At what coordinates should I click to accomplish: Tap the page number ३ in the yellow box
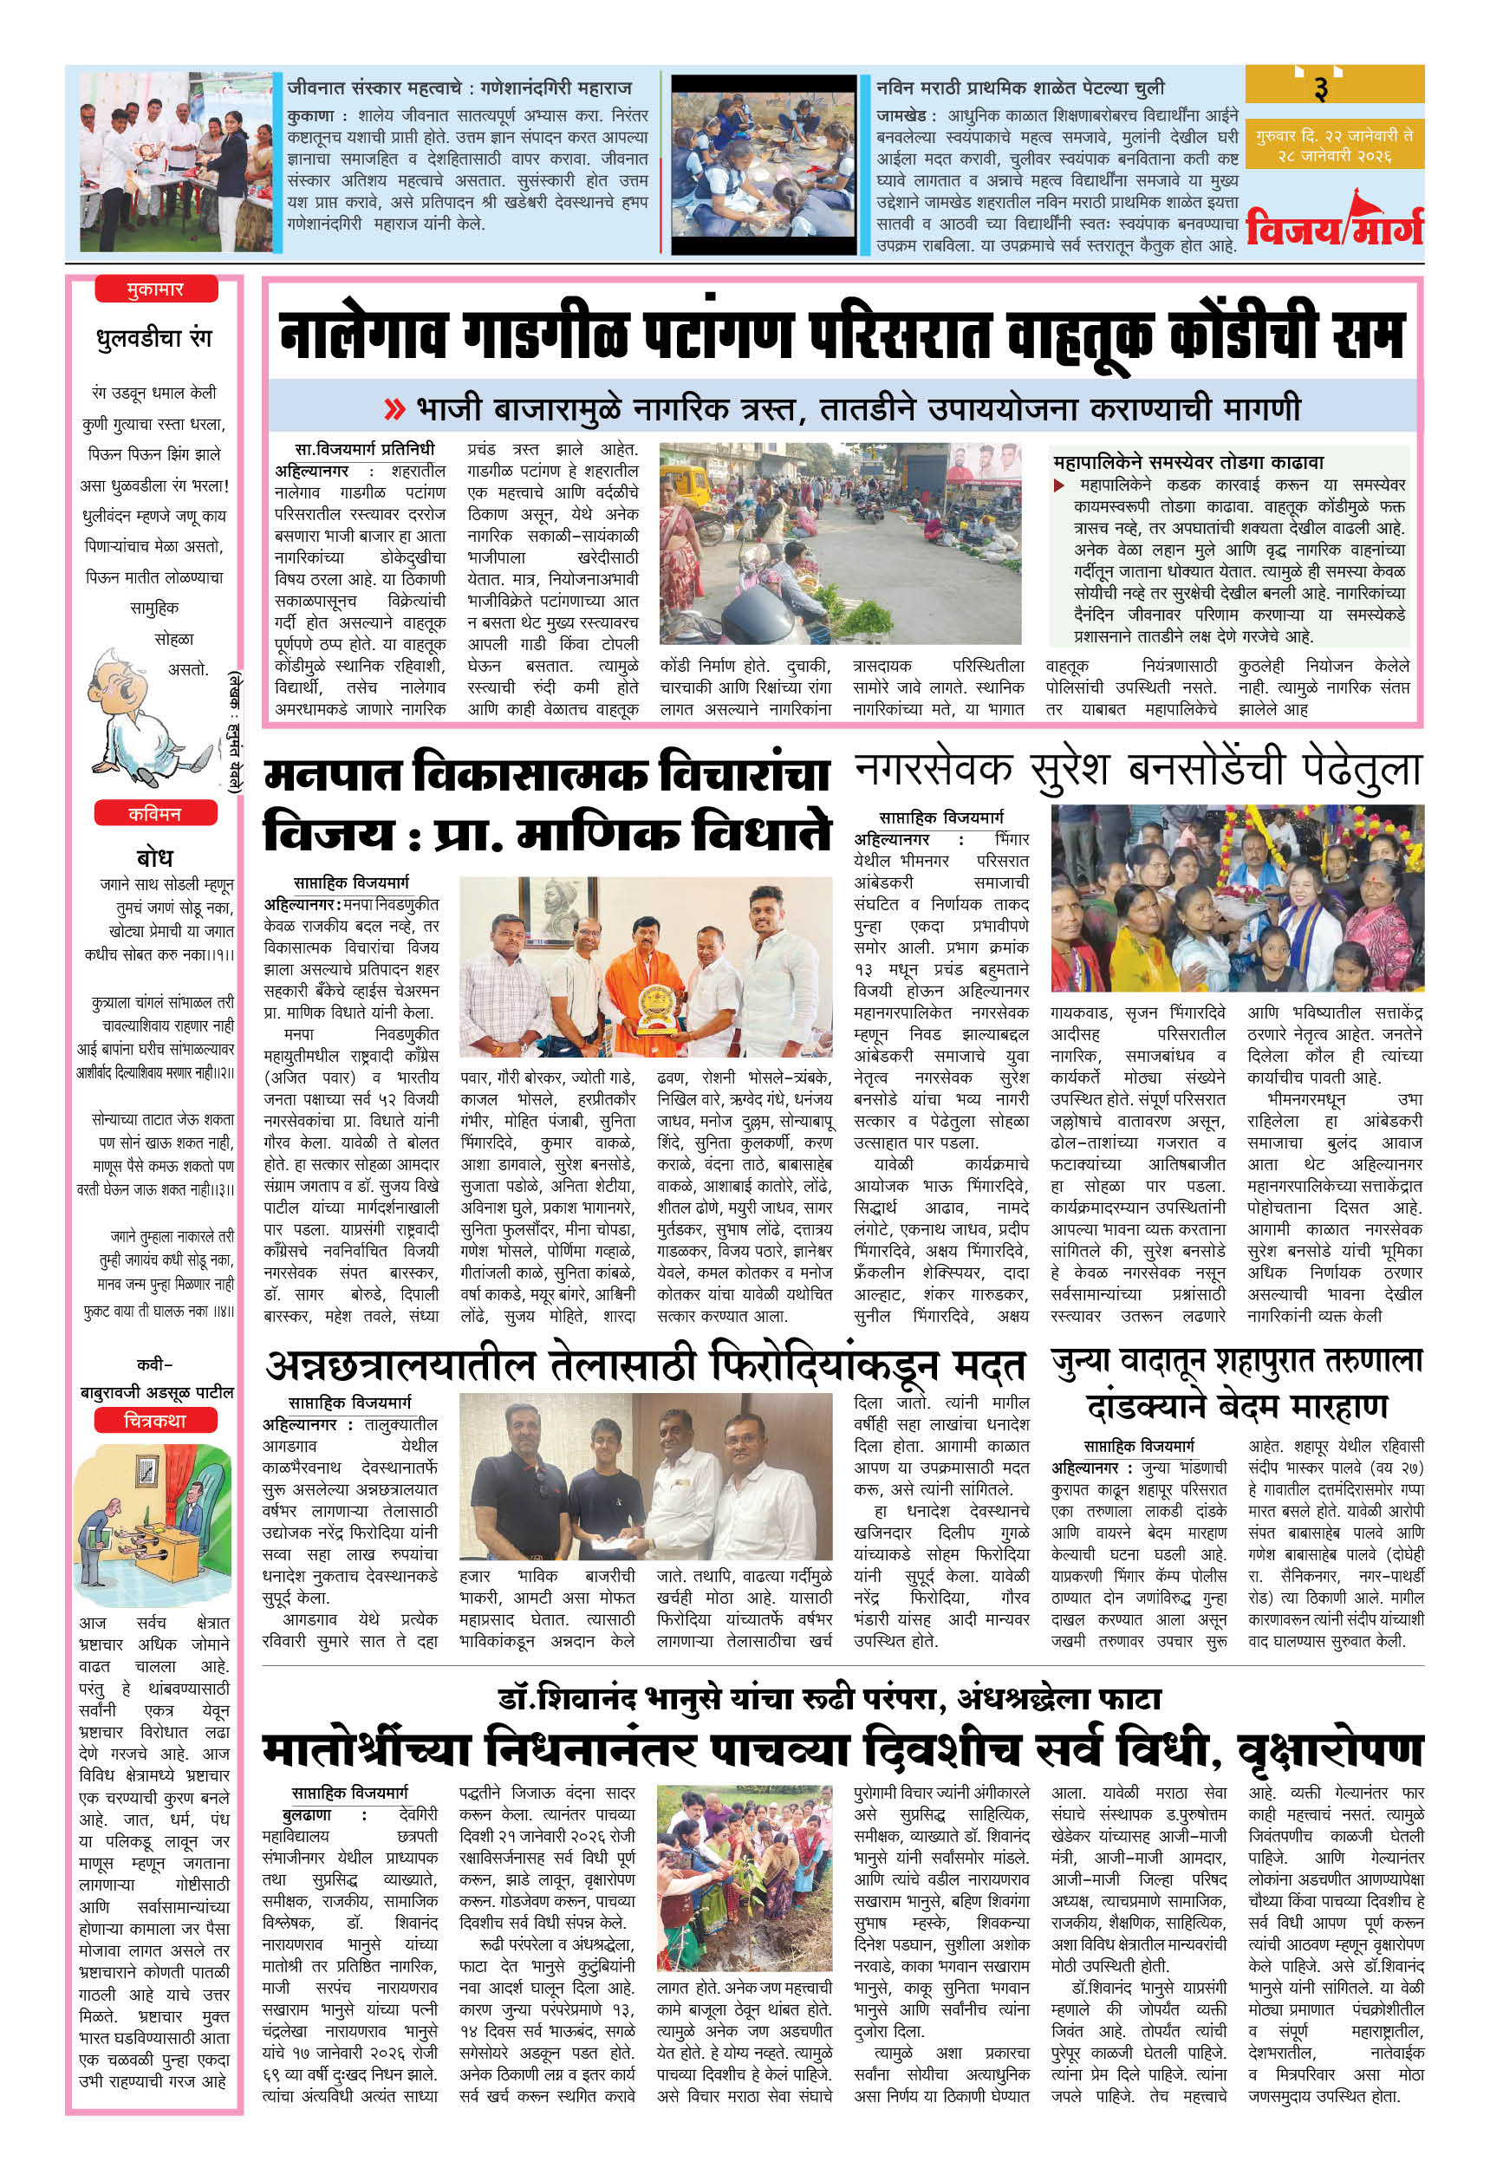(1320, 88)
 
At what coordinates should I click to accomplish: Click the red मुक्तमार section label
(155, 289)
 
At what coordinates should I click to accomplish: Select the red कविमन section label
(155, 814)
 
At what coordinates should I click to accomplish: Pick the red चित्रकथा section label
(155, 1421)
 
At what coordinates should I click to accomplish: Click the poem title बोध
(155, 856)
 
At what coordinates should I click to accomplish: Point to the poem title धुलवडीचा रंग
(155, 338)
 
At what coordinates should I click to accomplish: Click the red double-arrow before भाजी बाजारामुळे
(395, 409)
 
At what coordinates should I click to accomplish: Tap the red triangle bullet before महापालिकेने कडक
(1058, 485)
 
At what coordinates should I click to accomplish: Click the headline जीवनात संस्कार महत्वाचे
(459, 88)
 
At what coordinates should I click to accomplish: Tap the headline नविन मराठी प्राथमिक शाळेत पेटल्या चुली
(1020, 88)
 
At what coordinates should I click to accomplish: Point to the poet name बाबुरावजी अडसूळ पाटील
(157, 1392)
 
